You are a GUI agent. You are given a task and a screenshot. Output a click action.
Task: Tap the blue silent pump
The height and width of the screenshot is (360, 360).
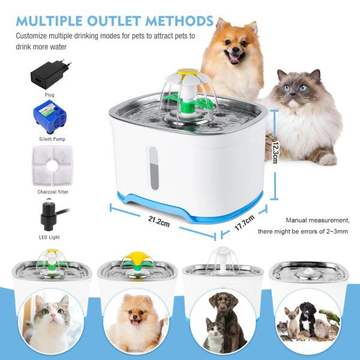coord(50,116)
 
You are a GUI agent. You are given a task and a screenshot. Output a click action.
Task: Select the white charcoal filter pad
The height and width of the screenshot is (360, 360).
coord(53,166)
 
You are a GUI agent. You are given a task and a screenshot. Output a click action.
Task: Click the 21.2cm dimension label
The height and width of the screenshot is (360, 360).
coord(159,221)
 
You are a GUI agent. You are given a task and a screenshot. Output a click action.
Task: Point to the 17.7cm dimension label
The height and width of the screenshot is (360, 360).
coord(245,223)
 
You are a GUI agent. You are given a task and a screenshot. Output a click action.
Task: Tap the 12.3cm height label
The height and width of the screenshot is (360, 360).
coord(275,152)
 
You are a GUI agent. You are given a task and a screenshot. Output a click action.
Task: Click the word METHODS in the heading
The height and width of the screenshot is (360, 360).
coord(179,21)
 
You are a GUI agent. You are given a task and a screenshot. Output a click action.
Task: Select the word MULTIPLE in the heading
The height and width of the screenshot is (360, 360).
coord(49,21)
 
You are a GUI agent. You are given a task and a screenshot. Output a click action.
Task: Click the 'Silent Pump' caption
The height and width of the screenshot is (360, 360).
coord(52,139)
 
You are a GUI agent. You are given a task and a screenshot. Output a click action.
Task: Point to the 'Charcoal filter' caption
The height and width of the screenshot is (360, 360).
coord(53,192)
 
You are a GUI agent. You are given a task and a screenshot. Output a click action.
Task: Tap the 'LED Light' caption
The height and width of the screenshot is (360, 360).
coord(49,237)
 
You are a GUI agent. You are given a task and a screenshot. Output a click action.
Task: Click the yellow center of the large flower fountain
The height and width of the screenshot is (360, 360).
coord(188,72)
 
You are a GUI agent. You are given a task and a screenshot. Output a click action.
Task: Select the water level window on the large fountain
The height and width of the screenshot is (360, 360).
coord(154,168)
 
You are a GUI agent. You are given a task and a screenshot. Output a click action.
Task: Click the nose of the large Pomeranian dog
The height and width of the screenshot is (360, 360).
coord(235,50)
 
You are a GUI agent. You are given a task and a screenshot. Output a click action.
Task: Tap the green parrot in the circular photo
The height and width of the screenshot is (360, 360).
coord(330,315)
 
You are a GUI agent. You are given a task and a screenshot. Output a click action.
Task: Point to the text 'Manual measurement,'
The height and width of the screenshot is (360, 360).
coord(318,220)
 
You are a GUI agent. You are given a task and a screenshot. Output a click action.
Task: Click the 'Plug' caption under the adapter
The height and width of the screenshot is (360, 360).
coord(50,95)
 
